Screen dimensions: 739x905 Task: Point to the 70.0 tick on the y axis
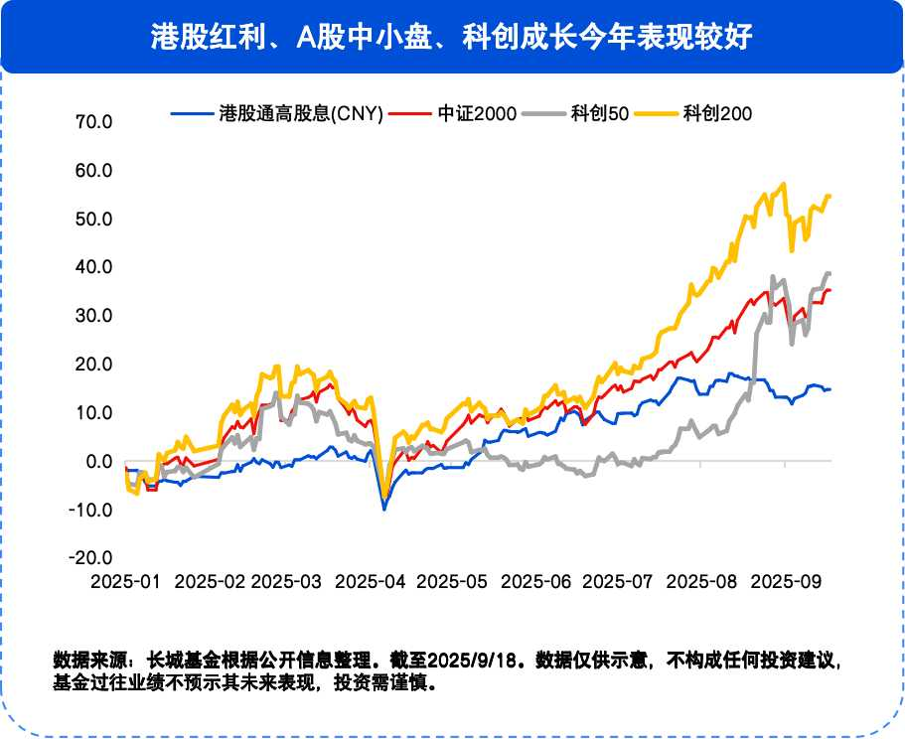pos(93,122)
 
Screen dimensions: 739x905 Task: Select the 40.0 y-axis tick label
pos(93,268)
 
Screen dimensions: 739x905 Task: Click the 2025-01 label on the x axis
pos(124,581)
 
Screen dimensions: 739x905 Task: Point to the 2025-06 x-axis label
pos(537,581)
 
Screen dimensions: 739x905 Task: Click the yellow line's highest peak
pos(784,184)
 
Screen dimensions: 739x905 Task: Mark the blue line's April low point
pos(384,509)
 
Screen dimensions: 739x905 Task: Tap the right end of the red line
pos(830,289)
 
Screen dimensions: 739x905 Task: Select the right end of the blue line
pos(830,388)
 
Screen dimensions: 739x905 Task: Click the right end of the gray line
pos(830,273)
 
